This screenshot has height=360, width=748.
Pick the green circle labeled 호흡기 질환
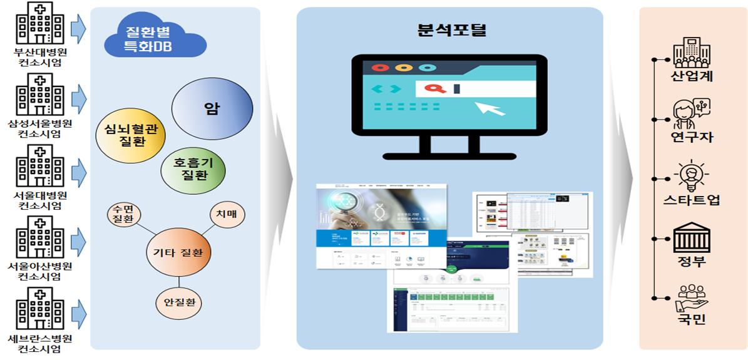pos(192,168)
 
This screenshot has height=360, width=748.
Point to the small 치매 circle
pos(225,214)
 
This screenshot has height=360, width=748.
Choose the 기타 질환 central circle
pos(178,254)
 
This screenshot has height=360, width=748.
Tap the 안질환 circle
pos(178,302)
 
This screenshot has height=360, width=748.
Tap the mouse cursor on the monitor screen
pos(491,107)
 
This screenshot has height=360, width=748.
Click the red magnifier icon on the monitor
pos(432,88)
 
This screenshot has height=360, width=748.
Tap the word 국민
pos(691,319)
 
